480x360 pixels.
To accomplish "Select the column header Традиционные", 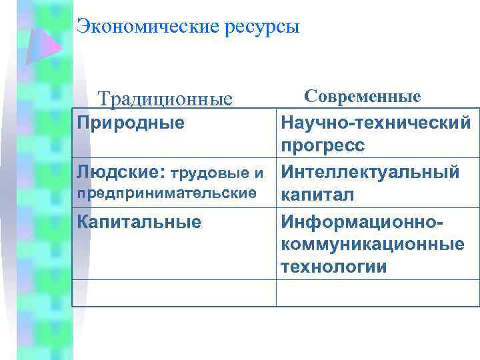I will (165, 99).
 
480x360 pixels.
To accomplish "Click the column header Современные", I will (363, 96).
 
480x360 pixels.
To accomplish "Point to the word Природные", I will (131, 123).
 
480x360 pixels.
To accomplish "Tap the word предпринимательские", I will (167, 193).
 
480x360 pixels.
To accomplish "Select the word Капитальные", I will (139, 221).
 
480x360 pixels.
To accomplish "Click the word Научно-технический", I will (376, 123).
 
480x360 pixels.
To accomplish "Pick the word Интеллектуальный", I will (370, 172).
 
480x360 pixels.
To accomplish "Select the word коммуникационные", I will (373, 244).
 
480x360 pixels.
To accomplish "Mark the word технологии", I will (334, 267).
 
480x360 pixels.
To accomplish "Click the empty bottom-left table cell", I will (174, 293).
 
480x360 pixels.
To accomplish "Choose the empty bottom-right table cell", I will (377, 293).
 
